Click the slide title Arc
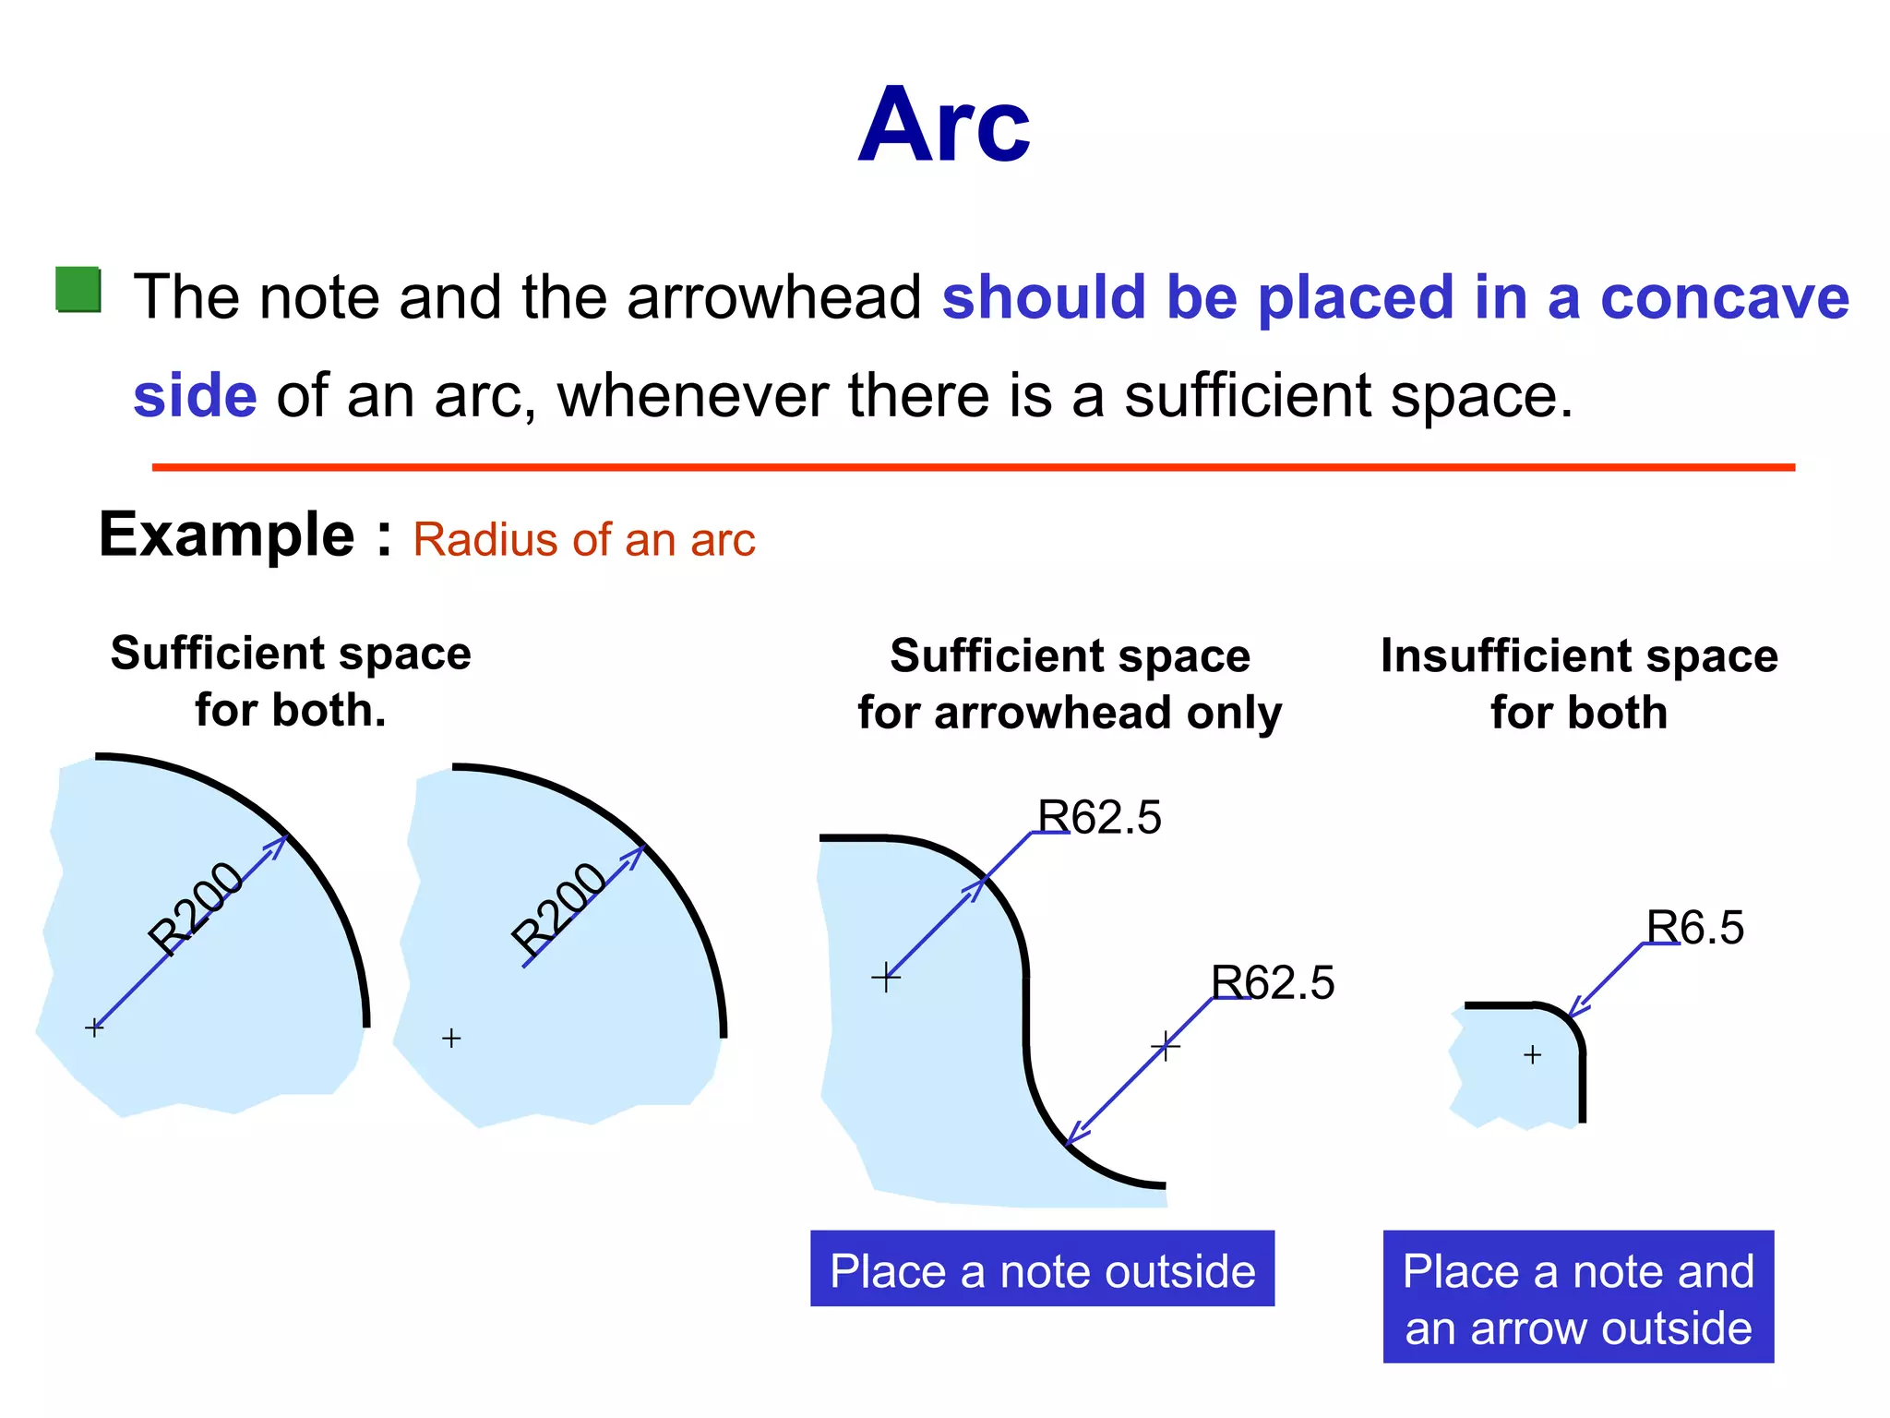(943, 126)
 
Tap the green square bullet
(78, 290)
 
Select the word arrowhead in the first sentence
(773, 298)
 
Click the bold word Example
(226, 535)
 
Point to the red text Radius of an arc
(583, 540)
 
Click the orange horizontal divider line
(973, 468)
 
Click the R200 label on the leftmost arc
(196, 908)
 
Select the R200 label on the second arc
(558, 909)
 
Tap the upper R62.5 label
(1099, 818)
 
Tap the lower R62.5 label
(1273, 982)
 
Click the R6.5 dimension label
(1695, 928)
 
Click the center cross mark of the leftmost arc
(94, 1027)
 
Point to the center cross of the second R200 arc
(451, 1039)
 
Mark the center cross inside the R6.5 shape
(1532, 1054)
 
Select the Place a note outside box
(1042, 1269)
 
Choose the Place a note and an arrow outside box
(1578, 1297)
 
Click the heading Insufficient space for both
(1579, 684)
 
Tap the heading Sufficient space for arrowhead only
(1070, 684)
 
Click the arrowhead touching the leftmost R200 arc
(277, 846)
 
